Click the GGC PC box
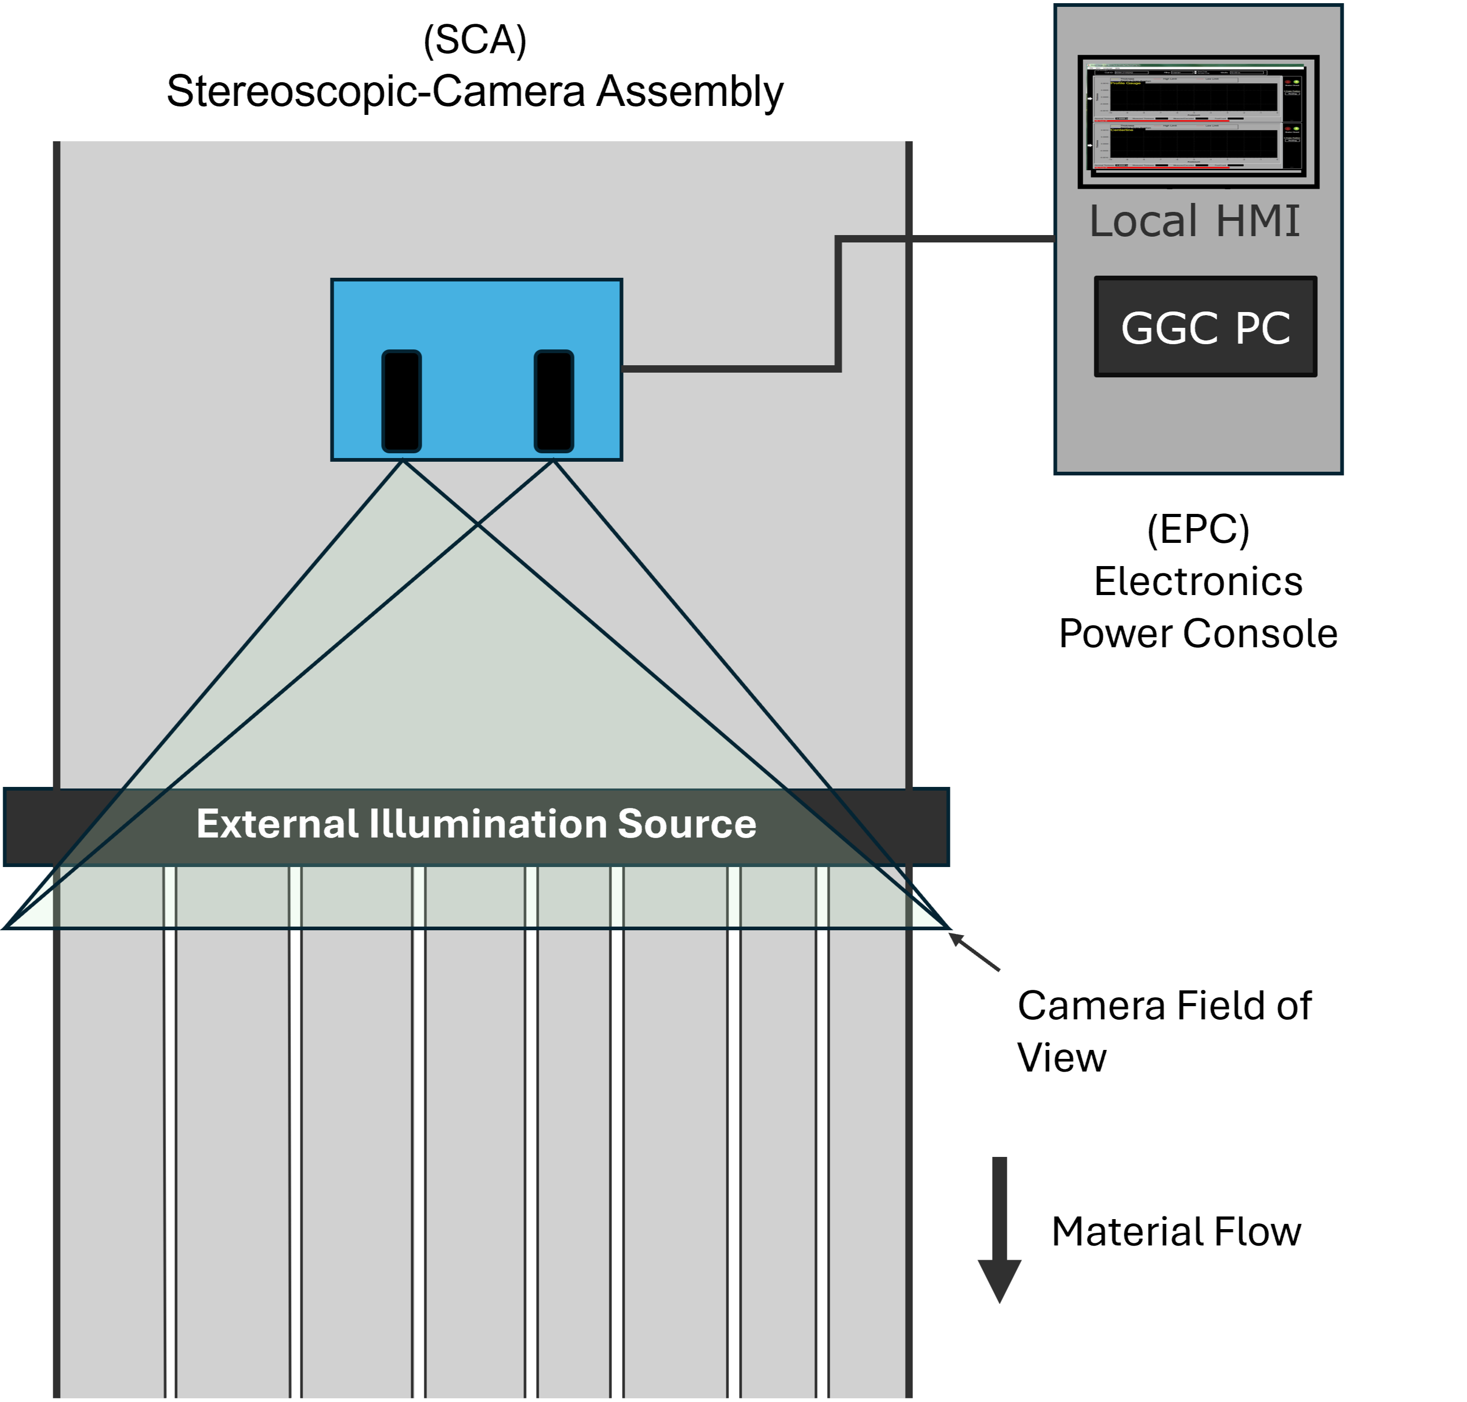point(1204,327)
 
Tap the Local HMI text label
point(1194,221)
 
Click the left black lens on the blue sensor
point(401,401)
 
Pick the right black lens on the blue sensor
point(554,401)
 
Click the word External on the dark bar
point(277,824)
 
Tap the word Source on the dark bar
point(687,824)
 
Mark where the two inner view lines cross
point(478,524)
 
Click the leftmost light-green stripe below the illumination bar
point(170,897)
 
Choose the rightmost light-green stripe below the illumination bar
point(822,897)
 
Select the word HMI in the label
point(1258,221)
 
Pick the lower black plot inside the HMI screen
point(1193,143)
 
